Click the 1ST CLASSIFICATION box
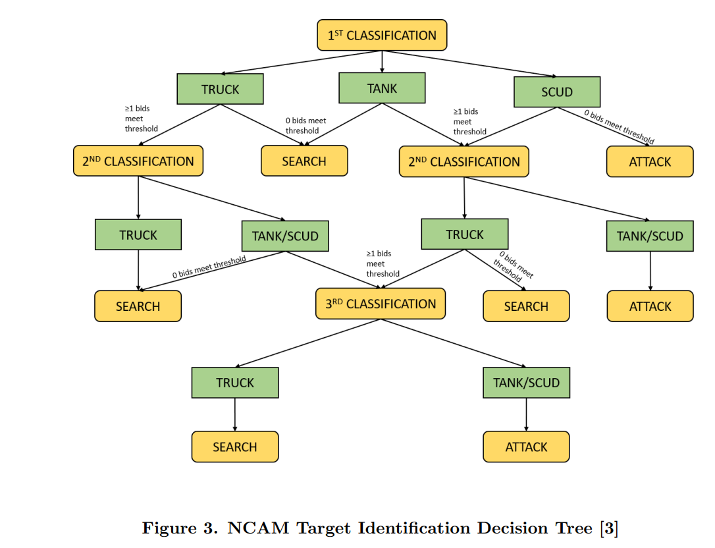click(382, 35)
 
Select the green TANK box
click(382, 88)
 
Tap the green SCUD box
click(557, 92)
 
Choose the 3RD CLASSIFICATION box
click(381, 304)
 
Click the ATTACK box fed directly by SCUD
click(650, 161)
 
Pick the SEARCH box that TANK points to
click(304, 161)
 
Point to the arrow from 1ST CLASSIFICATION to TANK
click(382, 62)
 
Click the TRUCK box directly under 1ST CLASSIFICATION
click(221, 89)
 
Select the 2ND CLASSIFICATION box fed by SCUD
click(463, 161)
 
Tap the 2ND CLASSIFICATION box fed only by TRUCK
click(138, 161)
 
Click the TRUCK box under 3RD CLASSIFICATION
click(235, 383)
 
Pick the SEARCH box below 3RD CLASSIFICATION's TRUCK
click(235, 447)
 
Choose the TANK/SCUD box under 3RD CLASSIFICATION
click(526, 383)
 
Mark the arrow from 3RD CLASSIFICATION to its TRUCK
click(308, 343)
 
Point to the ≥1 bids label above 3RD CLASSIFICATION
click(383, 263)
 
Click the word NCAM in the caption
click(258, 528)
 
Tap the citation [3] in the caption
click(609, 528)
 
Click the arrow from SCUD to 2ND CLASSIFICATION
click(510, 127)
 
